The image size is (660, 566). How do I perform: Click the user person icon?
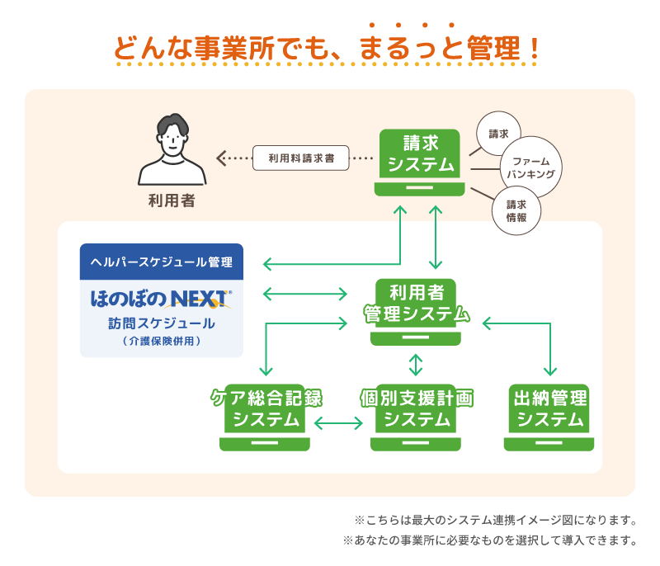pos(172,151)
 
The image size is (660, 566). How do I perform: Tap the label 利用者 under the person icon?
pos(172,200)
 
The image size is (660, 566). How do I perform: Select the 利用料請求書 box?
pos(301,157)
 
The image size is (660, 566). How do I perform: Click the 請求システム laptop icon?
pos(419,161)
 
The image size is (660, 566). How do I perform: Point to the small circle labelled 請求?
pos(498,133)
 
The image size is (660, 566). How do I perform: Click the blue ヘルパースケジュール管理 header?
pos(161,262)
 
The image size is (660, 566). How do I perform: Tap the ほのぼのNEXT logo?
pos(161,297)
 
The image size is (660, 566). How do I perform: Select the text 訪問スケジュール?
pos(161,323)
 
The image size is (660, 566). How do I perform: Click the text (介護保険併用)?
pos(161,341)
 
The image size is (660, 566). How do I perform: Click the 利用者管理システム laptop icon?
pos(417,311)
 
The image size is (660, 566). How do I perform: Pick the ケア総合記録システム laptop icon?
pos(265,417)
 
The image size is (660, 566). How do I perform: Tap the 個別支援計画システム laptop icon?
pos(416,417)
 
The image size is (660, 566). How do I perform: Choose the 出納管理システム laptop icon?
pos(549,417)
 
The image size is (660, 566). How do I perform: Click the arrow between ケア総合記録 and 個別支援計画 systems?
pos(338,424)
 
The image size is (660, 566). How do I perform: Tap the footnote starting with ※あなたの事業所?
pos(490,542)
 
